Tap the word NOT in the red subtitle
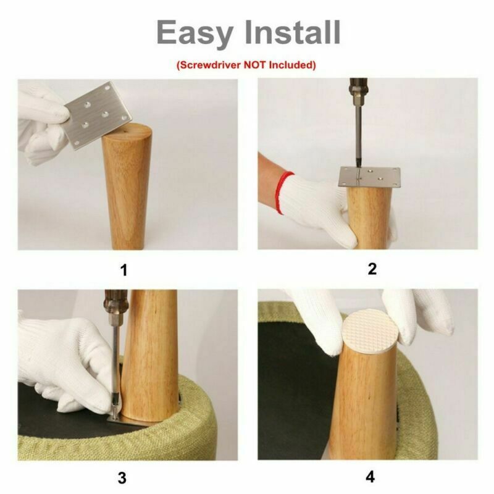tap(255, 65)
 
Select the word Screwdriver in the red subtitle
tap(209, 65)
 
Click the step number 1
tap(124, 270)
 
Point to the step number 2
tap(372, 269)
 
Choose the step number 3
tap(122, 477)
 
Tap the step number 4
tap(371, 477)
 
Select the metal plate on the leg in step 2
tap(369, 177)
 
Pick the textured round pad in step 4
tap(370, 332)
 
